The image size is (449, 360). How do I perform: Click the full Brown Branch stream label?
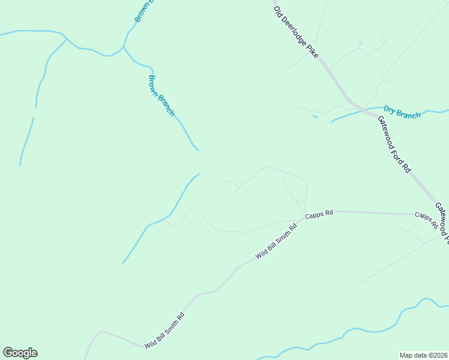point(161,95)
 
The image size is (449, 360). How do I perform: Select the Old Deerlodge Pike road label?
point(295,32)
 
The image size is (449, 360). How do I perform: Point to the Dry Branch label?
point(402,112)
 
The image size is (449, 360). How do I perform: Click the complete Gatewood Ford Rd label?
point(394,144)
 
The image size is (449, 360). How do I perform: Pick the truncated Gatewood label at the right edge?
point(442,222)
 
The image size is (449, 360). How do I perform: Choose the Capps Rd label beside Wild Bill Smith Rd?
point(319,214)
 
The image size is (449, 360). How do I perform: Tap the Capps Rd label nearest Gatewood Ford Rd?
point(426,220)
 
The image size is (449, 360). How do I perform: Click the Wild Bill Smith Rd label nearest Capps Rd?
point(276,241)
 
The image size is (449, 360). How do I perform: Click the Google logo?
point(20,353)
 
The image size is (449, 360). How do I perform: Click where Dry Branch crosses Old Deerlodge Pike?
point(363,109)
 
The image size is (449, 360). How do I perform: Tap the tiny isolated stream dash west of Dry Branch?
point(315,116)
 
